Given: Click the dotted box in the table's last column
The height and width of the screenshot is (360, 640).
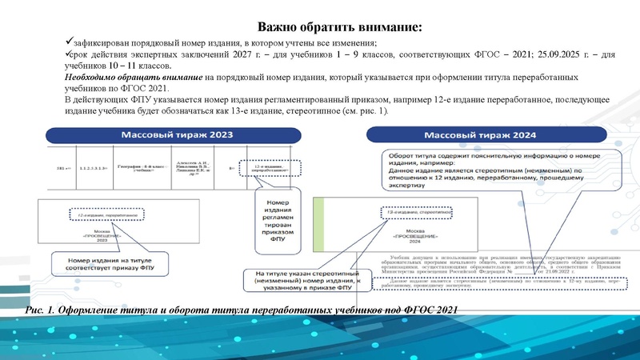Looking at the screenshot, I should [270, 167].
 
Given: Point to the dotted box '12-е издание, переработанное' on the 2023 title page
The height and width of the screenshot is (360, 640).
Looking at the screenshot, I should [106, 214].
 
